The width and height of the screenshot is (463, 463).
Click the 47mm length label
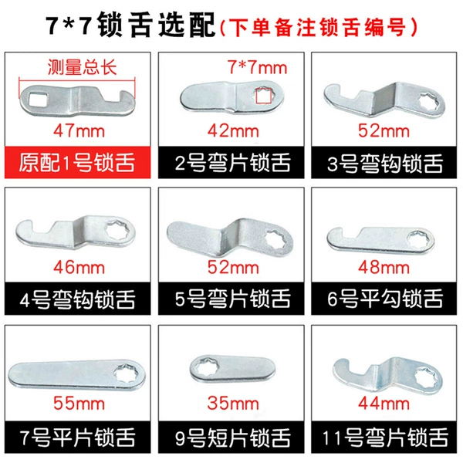point(79,131)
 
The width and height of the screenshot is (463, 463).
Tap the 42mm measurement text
point(233,131)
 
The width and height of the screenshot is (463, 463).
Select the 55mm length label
point(79,404)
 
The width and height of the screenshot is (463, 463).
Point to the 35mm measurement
point(233,404)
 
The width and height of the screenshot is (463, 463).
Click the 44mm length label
point(384,404)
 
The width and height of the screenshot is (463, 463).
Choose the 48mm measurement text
point(384,268)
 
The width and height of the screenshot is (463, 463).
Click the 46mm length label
point(79,268)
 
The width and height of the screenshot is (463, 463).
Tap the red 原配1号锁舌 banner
point(78,162)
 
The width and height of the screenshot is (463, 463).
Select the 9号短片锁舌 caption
point(233,438)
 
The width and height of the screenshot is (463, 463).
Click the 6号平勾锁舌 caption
point(385,299)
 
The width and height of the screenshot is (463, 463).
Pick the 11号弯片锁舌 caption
point(385,438)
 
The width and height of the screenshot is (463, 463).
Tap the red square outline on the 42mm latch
point(263,96)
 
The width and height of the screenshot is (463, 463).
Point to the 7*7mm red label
point(257,68)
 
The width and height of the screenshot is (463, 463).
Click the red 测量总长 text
point(83,68)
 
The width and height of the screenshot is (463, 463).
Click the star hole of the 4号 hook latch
point(117,230)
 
